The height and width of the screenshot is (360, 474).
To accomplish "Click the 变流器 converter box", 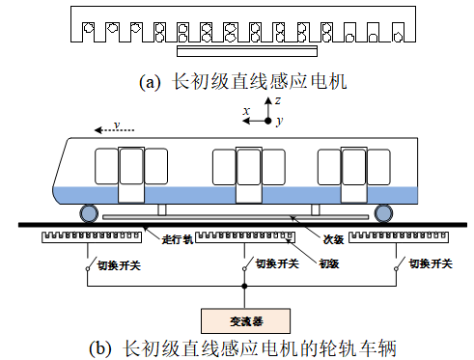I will tap(244, 318).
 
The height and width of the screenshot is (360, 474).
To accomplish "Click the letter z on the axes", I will tap(276, 98).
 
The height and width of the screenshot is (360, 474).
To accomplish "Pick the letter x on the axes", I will tap(247, 112).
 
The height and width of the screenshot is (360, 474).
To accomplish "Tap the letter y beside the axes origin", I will tap(279, 122).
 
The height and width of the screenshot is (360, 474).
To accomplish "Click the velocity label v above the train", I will tap(116, 125).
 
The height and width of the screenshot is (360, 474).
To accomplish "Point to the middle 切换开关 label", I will tap(271, 263).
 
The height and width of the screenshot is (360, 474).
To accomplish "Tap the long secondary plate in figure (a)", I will tap(246, 46).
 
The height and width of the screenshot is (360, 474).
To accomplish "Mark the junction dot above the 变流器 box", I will tap(244, 287).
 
